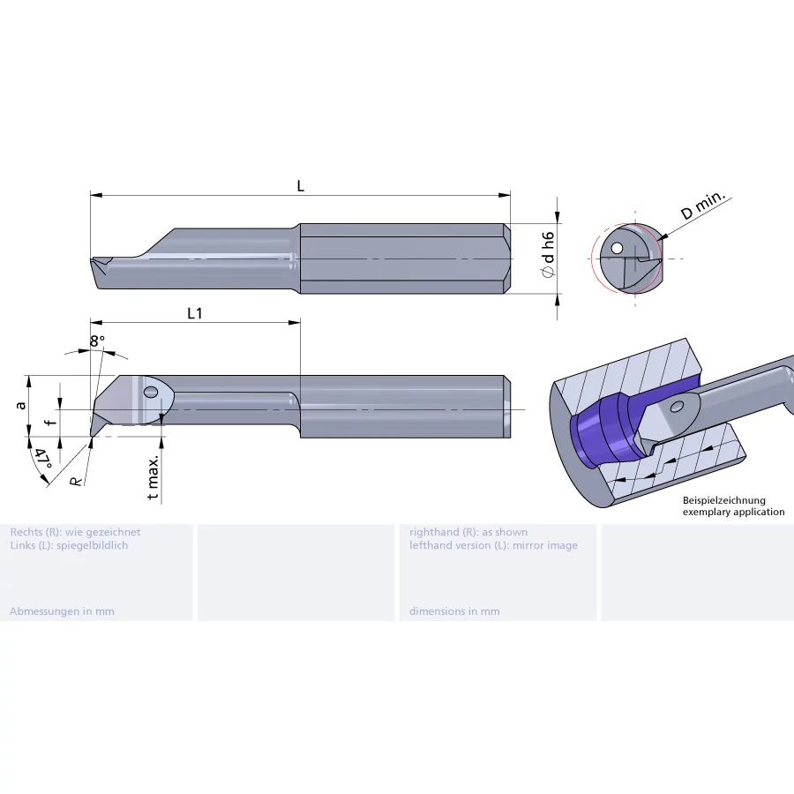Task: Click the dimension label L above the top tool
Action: pos(301,186)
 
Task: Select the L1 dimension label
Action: pos(195,313)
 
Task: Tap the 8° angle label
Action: pos(97,341)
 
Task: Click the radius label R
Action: pos(77,481)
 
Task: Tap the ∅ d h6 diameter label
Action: pos(548,256)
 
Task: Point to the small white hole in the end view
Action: pos(618,248)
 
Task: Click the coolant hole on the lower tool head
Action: pos(150,391)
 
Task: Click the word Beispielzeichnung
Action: pos(723,500)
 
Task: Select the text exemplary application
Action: pos(732,512)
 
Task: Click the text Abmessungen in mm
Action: pos(62,611)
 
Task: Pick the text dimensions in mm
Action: pos(453,611)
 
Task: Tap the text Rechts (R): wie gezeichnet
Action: pos(75,532)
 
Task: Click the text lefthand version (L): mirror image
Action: pos(493,545)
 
